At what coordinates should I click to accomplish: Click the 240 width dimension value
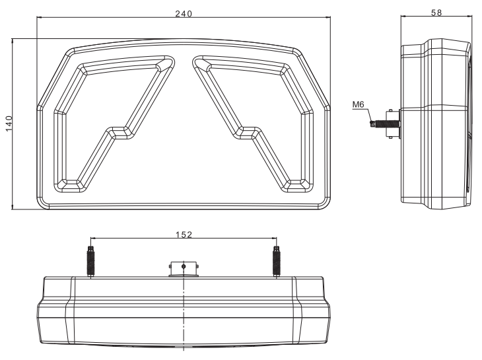click(184, 13)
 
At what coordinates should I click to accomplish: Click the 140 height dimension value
click(9, 124)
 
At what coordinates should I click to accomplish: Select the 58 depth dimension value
click(436, 13)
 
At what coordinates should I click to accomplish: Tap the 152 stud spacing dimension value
click(184, 235)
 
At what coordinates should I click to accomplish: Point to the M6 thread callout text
click(358, 104)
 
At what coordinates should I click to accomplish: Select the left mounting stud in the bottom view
click(91, 262)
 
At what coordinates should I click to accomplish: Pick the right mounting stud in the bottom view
click(276, 262)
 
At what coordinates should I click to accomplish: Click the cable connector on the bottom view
click(184, 270)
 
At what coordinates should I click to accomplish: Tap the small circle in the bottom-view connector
click(184, 266)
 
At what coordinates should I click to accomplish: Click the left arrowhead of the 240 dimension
click(39, 17)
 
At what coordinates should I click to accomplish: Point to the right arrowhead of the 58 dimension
click(469, 16)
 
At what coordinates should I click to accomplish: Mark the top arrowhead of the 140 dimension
click(13, 41)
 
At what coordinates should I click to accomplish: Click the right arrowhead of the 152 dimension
click(274, 238)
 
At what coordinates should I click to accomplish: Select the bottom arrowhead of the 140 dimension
click(13, 207)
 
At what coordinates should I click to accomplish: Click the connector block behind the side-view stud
click(394, 124)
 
